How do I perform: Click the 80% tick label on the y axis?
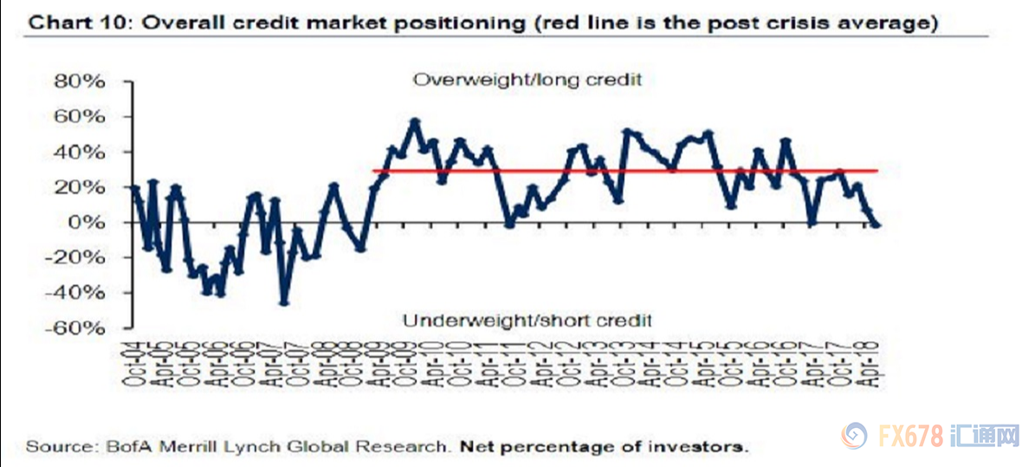[80, 81]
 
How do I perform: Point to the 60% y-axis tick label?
[80, 117]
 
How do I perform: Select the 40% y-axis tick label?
[80, 152]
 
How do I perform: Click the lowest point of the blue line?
[283, 302]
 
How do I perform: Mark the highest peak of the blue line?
[414, 121]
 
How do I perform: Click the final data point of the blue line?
[877, 224]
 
